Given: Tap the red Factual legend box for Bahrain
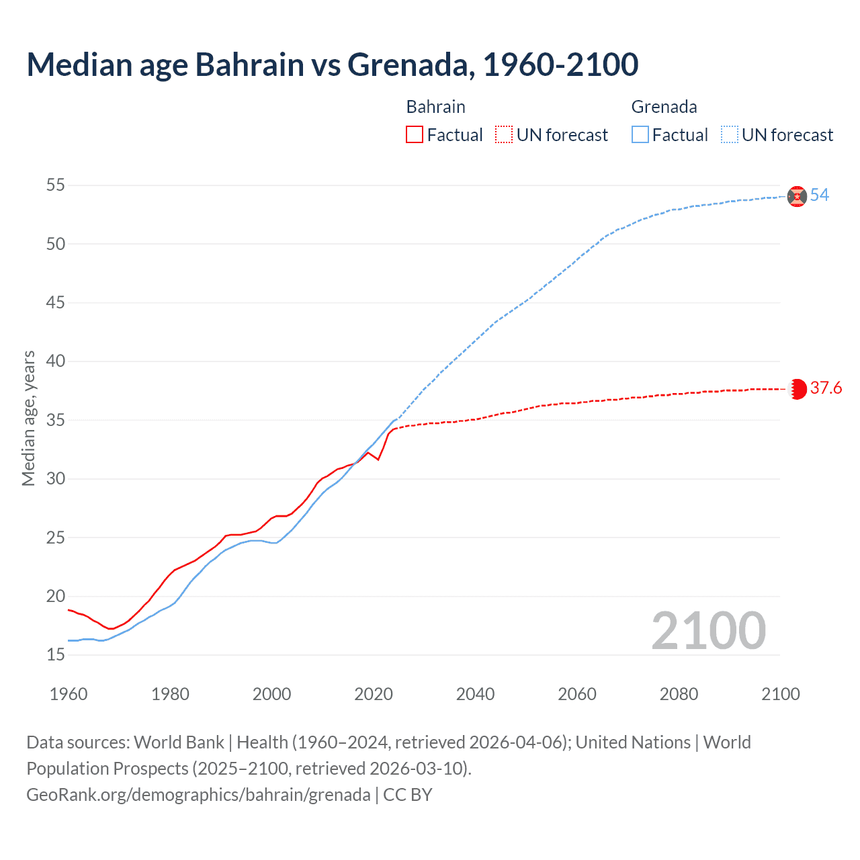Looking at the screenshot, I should pos(415,135).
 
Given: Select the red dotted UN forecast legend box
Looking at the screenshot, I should pos(504,135).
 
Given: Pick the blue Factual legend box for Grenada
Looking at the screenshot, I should pos(640,135).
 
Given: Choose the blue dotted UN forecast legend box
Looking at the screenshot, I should pos(730,135).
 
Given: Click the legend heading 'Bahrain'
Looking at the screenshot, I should pos(435,107).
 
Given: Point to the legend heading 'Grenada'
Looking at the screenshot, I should pos(664,107).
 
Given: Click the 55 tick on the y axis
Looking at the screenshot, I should pos(56,185).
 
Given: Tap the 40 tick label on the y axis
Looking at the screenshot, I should pos(56,361).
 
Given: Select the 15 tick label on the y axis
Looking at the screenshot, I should pos(56,655).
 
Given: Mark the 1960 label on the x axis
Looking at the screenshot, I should pos(69,694).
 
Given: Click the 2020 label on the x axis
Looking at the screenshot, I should pos(374,694).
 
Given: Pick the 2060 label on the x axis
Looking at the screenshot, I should pos(577,694).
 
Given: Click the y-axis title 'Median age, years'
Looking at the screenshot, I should pos(28,418).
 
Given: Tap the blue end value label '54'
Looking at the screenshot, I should pos(820,196).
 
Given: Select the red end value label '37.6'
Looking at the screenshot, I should pos(826,388).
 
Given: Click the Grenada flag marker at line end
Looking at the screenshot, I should pos(797,196).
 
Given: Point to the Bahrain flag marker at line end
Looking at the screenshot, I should pos(798,389).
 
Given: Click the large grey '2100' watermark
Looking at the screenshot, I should pos(708,630).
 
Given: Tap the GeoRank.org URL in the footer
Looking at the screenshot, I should pos(198,795).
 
